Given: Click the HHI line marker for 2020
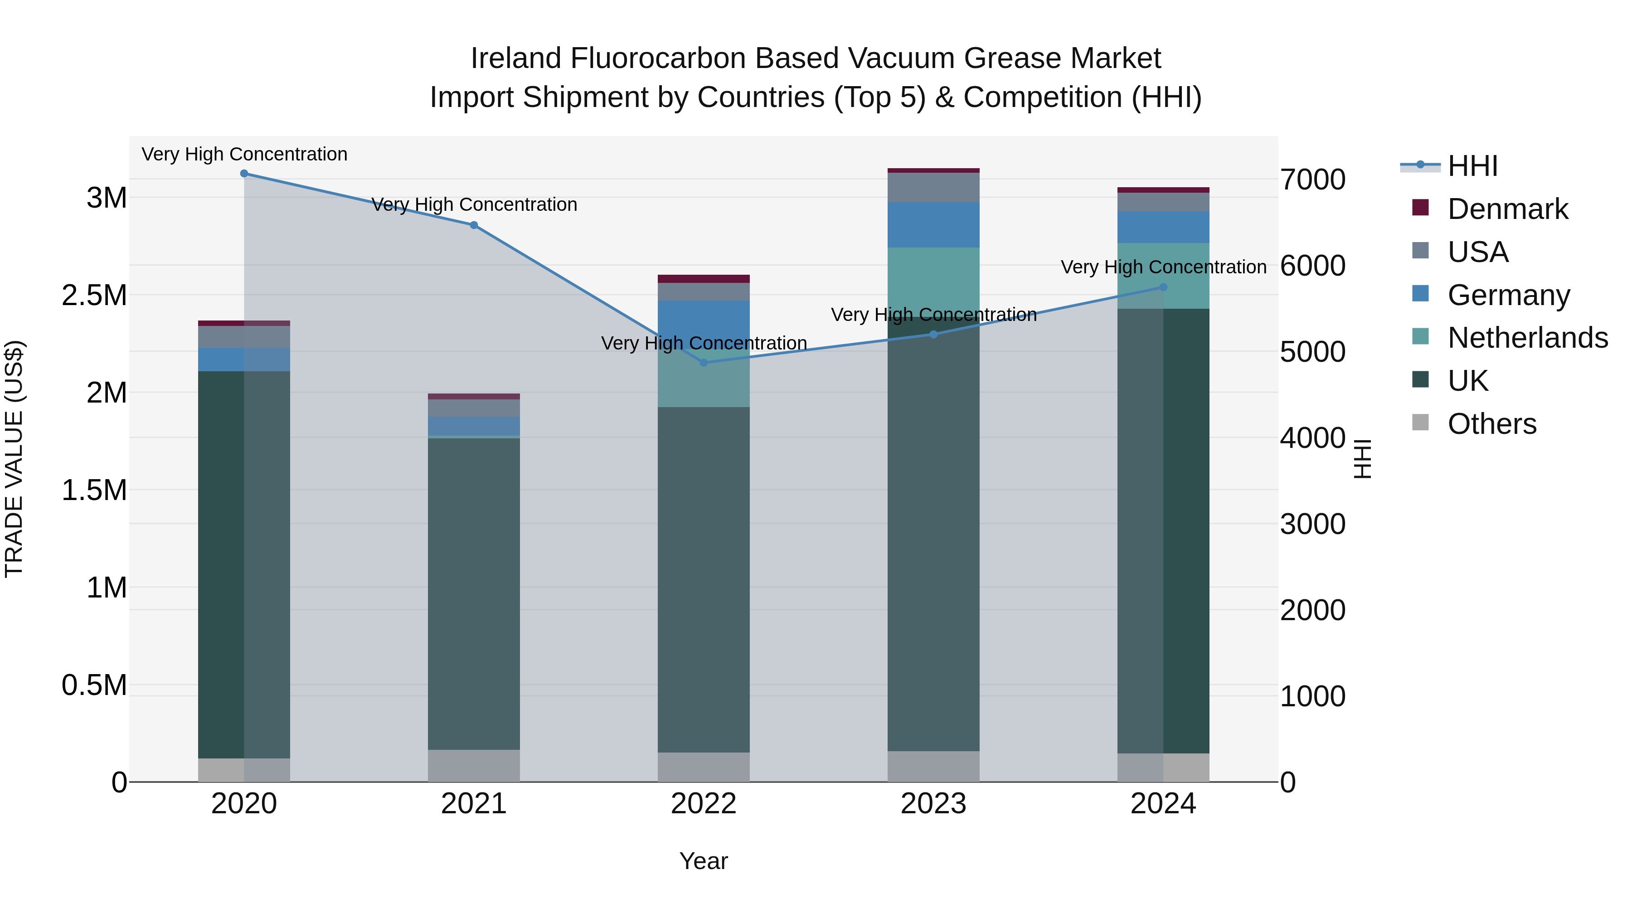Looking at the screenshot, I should (244, 174).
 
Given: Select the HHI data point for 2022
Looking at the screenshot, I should (703, 362).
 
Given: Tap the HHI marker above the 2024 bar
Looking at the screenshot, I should (1163, 287).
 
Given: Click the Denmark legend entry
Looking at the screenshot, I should (1507, 209).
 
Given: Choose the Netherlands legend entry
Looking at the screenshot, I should (1527, 338).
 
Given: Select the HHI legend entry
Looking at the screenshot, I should (1472, 166).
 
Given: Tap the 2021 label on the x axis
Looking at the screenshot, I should (474, 804).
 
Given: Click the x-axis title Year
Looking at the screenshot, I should (703, 861).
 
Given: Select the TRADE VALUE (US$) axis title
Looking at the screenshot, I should (14, 459).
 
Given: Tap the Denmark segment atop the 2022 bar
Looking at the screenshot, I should (703, 279).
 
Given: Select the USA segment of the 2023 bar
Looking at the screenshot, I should (933, 188).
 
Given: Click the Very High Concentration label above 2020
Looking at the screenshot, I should (244, 154).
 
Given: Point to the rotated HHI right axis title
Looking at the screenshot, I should (1362, 459).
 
